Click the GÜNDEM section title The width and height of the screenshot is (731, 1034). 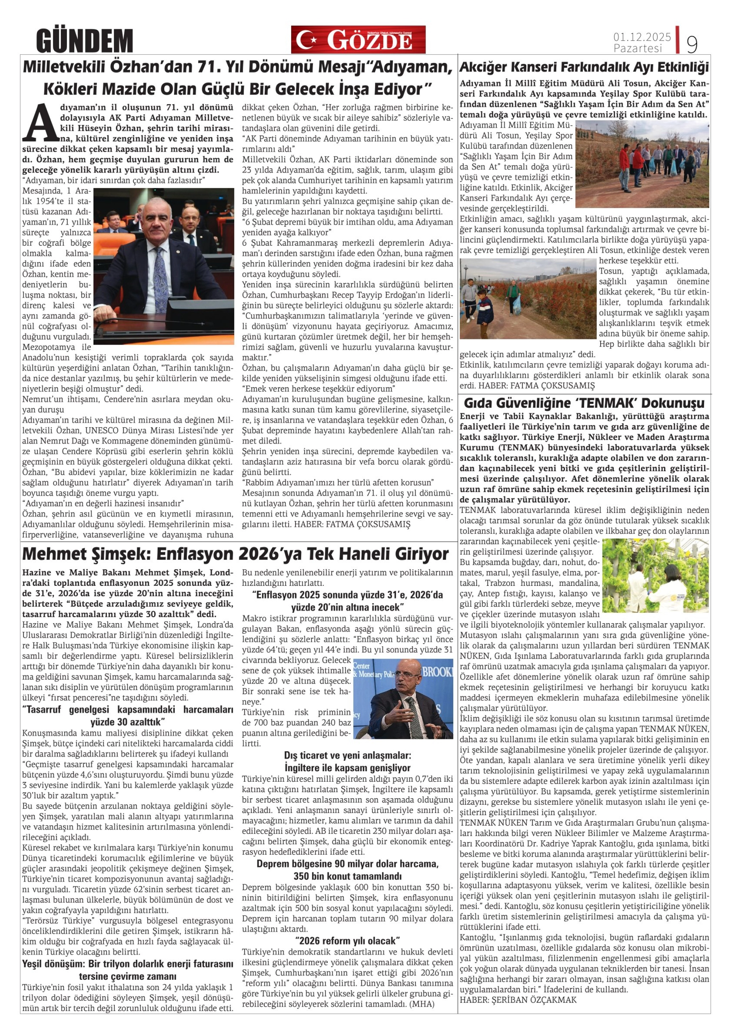[84, 40]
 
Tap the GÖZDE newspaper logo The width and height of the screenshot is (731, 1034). [358, 40]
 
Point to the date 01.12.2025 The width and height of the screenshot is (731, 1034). [642, 37]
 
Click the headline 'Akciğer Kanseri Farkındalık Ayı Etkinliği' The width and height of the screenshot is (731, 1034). [584, 68]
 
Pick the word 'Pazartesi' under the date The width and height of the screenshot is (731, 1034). [638, 48]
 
